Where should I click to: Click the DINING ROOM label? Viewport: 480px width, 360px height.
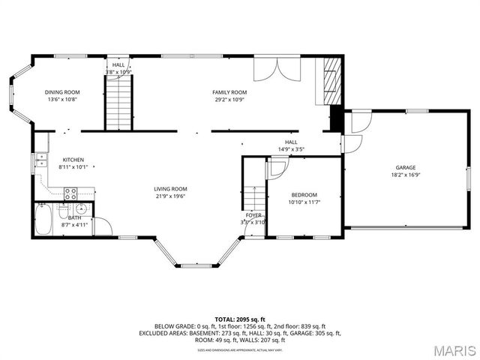coord(62,92)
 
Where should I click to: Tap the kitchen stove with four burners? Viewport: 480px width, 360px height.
coord(71,193)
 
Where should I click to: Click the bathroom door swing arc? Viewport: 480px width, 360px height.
coord(103,226)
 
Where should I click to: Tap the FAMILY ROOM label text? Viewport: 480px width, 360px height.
coord(229,92)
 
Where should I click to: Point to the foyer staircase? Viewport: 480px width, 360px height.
coord(254,199)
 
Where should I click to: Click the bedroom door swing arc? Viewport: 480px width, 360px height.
coord(275,169)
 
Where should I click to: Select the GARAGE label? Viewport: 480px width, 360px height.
coord(406,167)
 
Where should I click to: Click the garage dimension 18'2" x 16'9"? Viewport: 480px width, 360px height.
coord(406,175)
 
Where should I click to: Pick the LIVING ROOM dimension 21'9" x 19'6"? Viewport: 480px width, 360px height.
coord(170,196)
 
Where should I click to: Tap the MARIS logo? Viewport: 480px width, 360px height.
coord(448,350)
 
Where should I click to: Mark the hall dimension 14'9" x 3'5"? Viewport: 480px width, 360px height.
coord(291,149)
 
